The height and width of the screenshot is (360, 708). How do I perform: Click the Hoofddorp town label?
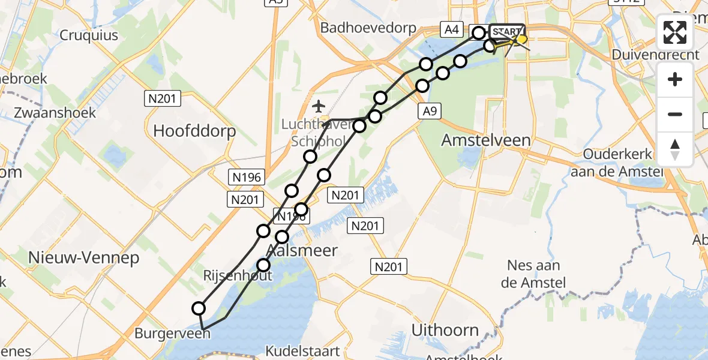point(195,130)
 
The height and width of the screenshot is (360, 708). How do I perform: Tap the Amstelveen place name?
point(486,140)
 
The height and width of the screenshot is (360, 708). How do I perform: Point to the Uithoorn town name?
point(445,329)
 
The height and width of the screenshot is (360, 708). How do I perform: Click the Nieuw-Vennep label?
point(84,258)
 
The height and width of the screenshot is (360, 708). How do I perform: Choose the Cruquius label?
point(89,35)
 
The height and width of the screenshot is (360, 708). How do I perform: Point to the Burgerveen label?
point(172,332)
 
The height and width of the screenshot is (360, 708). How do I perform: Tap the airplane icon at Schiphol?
point(319,107)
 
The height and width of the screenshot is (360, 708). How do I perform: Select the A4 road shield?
point(451,29)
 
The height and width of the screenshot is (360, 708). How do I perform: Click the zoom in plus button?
point(675,79)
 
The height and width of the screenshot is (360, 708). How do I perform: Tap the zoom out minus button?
point(675,114)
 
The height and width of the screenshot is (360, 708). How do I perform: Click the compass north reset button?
point(675,149)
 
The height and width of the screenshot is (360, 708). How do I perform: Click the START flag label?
point(507,31)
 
